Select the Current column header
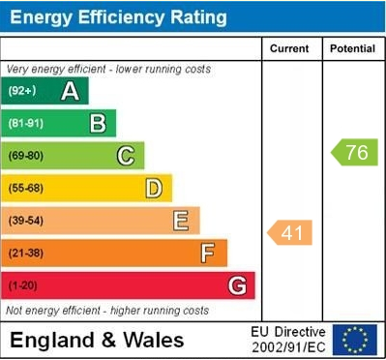(x=289, y=48)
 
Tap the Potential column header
(x=351, y=48)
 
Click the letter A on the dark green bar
(x=70, y=92)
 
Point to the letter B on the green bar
(x=98, y=123)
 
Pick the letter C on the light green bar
(x=126, y=156)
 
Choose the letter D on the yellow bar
(x=153, y=188)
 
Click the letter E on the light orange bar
(x=181, y=221)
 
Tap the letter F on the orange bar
(x=208, y=254)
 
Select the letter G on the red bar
(x=236, y=285)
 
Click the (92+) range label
(x=22, y=92)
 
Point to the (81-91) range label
(x=26, y=124)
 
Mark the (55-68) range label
(x=26, y=189)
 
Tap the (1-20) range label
(x=23, y=286)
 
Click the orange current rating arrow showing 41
(x=290, y=232)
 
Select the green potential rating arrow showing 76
(x=354, y=152)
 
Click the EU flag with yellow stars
(x=354, y=340)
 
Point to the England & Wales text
(x=97, y=340)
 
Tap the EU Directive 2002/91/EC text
(x=287, y=340)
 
